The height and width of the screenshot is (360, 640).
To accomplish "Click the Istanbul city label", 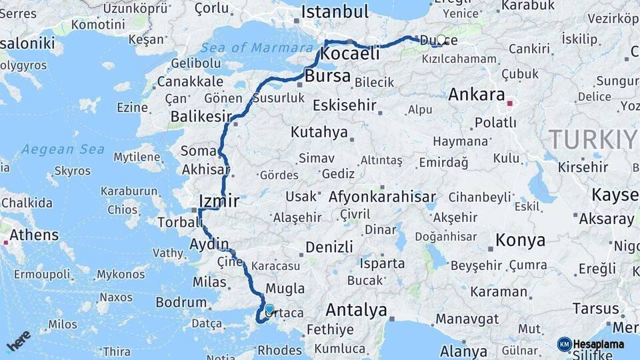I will (335, 12).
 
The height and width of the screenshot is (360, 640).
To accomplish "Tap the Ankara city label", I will (476, 94).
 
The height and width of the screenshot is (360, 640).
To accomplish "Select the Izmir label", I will (219, 201).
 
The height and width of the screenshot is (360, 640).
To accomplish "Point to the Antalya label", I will (356, 310).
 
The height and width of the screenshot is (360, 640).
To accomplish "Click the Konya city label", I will (520, 241).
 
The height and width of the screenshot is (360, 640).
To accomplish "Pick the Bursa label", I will (327, 76).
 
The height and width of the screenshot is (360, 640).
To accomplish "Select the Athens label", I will (34, 235).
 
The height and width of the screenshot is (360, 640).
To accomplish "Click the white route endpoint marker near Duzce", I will (441, 40).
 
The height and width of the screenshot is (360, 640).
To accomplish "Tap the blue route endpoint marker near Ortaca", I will (269, 309).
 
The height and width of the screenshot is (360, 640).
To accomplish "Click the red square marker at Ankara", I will (510, 103).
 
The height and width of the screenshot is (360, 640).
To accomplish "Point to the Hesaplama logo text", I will (598, 345).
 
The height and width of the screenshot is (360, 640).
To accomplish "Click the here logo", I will (19, 340).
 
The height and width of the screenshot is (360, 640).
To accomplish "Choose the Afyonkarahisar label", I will (382, 197).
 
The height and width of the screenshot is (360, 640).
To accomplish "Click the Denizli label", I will (329, 247).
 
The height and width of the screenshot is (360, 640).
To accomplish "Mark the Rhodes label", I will (280, 350).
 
